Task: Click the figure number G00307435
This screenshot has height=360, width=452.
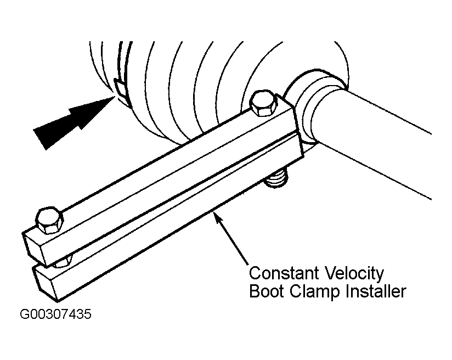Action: pyautogui.click(x=55, y=314)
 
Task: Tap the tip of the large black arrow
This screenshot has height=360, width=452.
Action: pyautogui.click(x=115, y=97)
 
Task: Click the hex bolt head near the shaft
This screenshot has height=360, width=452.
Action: pyautogui.click(x=263, y=104)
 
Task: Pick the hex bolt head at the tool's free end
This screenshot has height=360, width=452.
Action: pyautogui.click(x=49, y=221)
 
